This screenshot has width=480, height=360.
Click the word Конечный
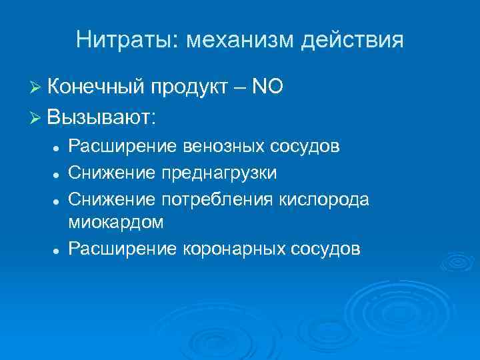96,87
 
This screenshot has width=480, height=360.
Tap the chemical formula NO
269,87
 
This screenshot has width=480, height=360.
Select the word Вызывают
101,117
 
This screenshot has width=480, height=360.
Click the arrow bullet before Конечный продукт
36,87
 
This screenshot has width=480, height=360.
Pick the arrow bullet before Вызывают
36,118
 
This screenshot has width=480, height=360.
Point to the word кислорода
323,199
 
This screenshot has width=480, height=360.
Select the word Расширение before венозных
123,146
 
